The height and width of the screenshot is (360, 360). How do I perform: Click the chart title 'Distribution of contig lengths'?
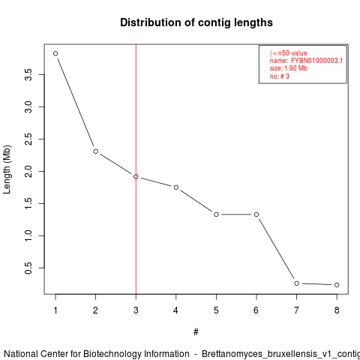[x=196, y=22]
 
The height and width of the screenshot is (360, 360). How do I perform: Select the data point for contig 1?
[x=55, y=53]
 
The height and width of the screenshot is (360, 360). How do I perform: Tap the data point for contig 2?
[x=95, y=151]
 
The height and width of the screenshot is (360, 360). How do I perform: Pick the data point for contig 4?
[x=176, y=187]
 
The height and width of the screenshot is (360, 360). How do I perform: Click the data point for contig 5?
[x=216, y=214]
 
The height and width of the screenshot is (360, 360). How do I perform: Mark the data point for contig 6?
[x=256, y=214]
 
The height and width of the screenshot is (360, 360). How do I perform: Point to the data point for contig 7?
[x=296, y=283]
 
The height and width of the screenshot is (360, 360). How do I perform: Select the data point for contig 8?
[x=337, y=285]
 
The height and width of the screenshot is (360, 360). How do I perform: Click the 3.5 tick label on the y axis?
[x=28, y=74]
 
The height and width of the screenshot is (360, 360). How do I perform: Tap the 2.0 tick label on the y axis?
[x=28, y=171]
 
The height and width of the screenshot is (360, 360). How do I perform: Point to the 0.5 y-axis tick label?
[x=28, y=268]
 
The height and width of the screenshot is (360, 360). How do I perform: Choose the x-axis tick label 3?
[x=136, y=310]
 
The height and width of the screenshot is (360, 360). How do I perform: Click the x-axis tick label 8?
[x=337, y=310]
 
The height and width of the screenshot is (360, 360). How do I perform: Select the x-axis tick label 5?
[x=216, y=310]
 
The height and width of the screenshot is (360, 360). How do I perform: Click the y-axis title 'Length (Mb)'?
[x=7, y=169]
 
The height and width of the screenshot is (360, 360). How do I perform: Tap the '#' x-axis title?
[x=196, y=332]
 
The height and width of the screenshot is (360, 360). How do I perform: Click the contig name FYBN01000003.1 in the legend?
[x=316, y=61]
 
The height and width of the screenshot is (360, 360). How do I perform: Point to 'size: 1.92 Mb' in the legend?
[x=289, y=68]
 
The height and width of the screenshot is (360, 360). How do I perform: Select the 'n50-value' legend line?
[x=289, y=53]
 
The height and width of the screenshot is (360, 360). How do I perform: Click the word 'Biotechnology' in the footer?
[x=136, y=354]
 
